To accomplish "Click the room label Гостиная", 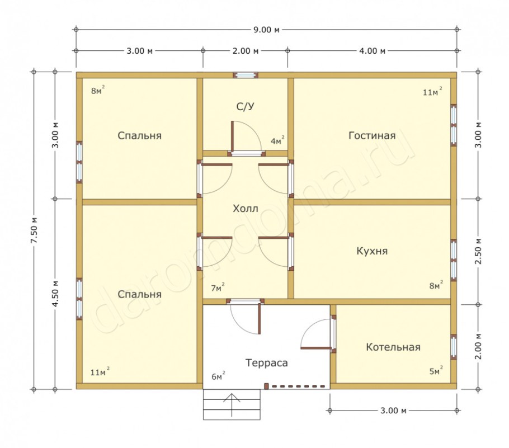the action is click(x=372, y=135).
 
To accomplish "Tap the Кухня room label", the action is click(x=372, y=251).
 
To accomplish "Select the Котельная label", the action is click(x=393, y=347).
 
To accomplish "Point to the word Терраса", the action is click(x=266, y=362).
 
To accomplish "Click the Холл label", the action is click(x=246, y=209).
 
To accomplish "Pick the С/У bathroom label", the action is click(x=246, y=106).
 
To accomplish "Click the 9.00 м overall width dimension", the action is click(x=266, y=30).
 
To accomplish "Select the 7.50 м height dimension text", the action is click(x=35, y=230).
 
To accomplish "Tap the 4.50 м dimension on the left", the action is click(x=55, y=294).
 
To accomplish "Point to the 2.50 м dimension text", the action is click(x=478, y=251).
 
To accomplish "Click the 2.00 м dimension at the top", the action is click(x=246, y=51).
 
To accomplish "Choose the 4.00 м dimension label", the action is click(x=372, y=51).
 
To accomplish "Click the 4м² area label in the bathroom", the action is click(x=277, y=140).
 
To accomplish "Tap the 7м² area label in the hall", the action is click(x=218, y=287).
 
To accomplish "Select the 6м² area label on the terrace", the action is click(x=219, y=376).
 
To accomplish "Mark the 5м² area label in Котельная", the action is click(x=436, y=371).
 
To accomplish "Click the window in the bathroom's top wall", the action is click(x=246, y=76).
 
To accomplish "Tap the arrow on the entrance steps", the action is click(x=232, y=404).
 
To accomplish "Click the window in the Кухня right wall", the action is click(x=454, y=260).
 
